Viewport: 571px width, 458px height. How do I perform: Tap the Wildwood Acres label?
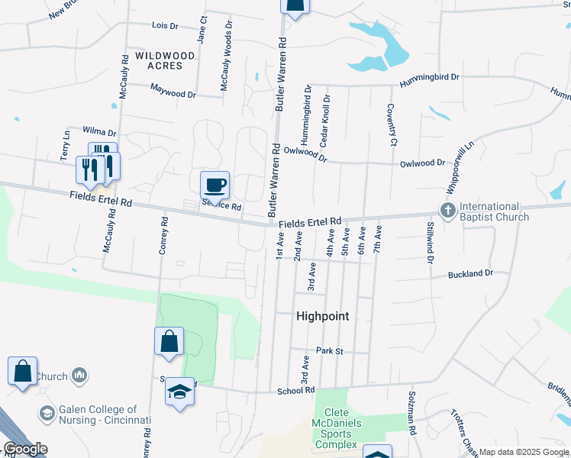[x=159, y=60]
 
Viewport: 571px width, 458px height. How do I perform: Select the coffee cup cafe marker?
[x=215, y=184]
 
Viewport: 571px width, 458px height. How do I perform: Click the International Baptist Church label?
[x=495, y=211]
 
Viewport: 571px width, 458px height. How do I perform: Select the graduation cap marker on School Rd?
[x=179, y=392]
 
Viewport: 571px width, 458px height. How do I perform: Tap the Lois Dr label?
[x=165, y=25]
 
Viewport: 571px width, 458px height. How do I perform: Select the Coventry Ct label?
[x=391, y=125]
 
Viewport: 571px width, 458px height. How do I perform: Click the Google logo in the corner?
[x=25, y=448]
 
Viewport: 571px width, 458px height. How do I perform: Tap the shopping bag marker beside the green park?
[x=169, y=342]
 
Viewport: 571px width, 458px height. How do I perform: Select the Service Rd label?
[x=222, y=206]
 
